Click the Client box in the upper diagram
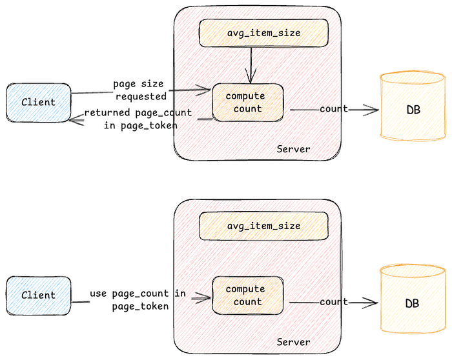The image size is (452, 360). pos(38,102)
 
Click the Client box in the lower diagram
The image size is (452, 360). pos(38,295)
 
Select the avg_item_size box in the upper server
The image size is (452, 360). pos(264,33)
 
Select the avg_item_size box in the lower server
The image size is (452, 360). pos(264,226)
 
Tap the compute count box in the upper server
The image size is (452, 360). pos(247,103)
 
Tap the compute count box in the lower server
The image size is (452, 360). pos(247,295)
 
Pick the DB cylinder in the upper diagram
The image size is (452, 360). pos(413,107)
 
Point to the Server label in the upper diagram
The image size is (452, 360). pos(293,149)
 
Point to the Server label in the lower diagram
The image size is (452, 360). pos(293,342)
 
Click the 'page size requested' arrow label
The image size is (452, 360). pos(139,90)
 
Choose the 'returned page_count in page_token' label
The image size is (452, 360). pos(138,119)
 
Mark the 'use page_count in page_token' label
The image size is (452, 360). pos(138,300)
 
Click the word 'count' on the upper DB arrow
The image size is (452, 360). pos(333,109)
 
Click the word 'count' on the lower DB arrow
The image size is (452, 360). pos(333,302)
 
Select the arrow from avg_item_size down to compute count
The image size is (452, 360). pos(251,65)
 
